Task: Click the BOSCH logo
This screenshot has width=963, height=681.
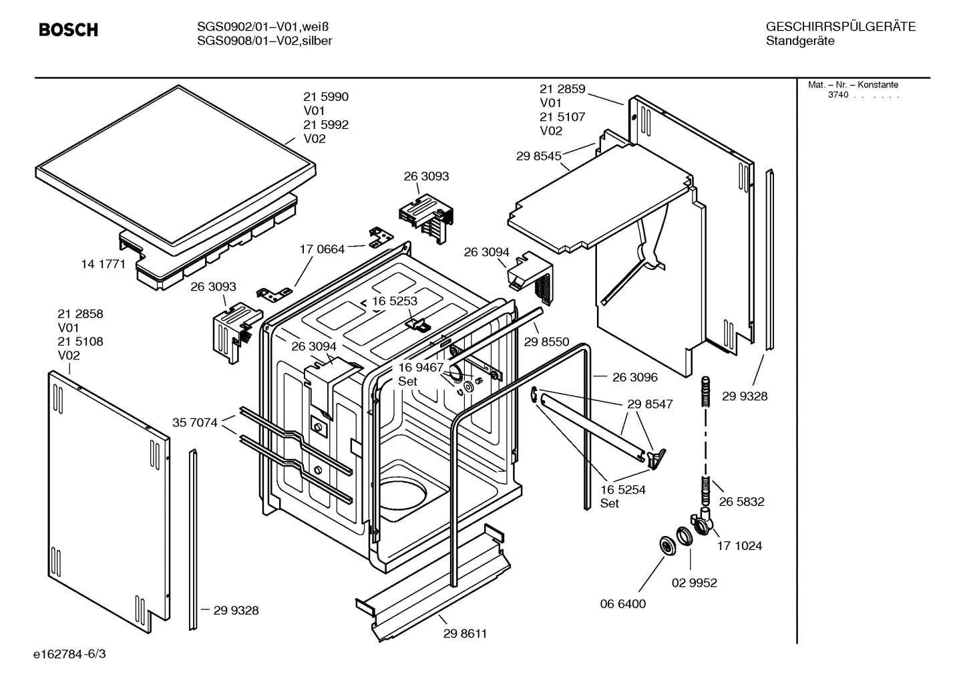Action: pos(68,30)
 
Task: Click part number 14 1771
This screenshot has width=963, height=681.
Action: pos(103,264)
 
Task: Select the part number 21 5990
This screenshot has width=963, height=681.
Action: pos(326,97)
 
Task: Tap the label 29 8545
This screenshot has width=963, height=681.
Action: pos(538,156)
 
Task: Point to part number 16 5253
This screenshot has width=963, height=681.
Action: pos(395,301)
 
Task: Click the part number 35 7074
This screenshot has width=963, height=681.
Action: pos(195,422)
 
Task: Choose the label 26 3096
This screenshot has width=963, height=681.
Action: pos(634,377)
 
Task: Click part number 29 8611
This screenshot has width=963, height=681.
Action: pos(465,634)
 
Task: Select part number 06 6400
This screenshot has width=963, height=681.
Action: pos(622,604)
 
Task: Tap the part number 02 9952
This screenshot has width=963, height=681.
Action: pos(694,583)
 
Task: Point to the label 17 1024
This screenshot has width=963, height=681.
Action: pos(739,546)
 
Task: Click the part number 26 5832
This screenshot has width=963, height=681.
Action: pos(741,501)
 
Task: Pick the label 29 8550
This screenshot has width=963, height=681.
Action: pos(546,342)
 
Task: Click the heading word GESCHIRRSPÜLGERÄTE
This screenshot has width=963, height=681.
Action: pos(840,27)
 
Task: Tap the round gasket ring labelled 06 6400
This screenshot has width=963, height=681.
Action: pos(666,545)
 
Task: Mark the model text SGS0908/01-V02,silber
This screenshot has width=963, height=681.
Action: pos(264,41)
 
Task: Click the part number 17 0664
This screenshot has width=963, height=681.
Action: pos(322,249)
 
